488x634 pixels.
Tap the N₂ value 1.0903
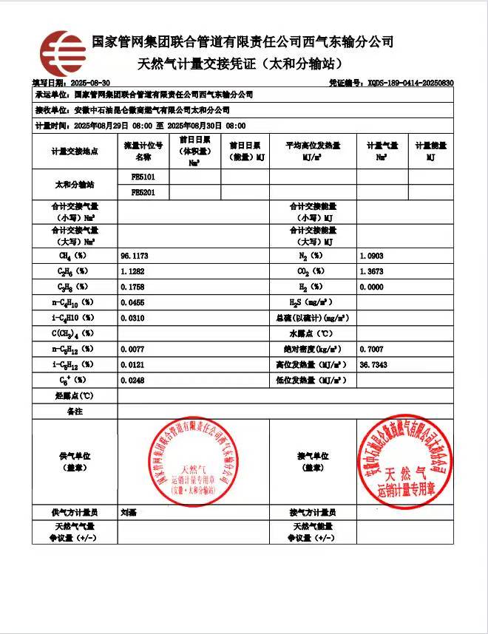point(371,256)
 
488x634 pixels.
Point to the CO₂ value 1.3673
point(371,271)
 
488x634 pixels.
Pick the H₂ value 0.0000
point(371,287)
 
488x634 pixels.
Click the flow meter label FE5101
point(142,177)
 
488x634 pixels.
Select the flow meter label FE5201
point(142,192)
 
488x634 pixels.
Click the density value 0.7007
point(371,349)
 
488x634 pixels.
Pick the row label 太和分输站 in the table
point(75,185)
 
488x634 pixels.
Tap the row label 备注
point(75,411)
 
